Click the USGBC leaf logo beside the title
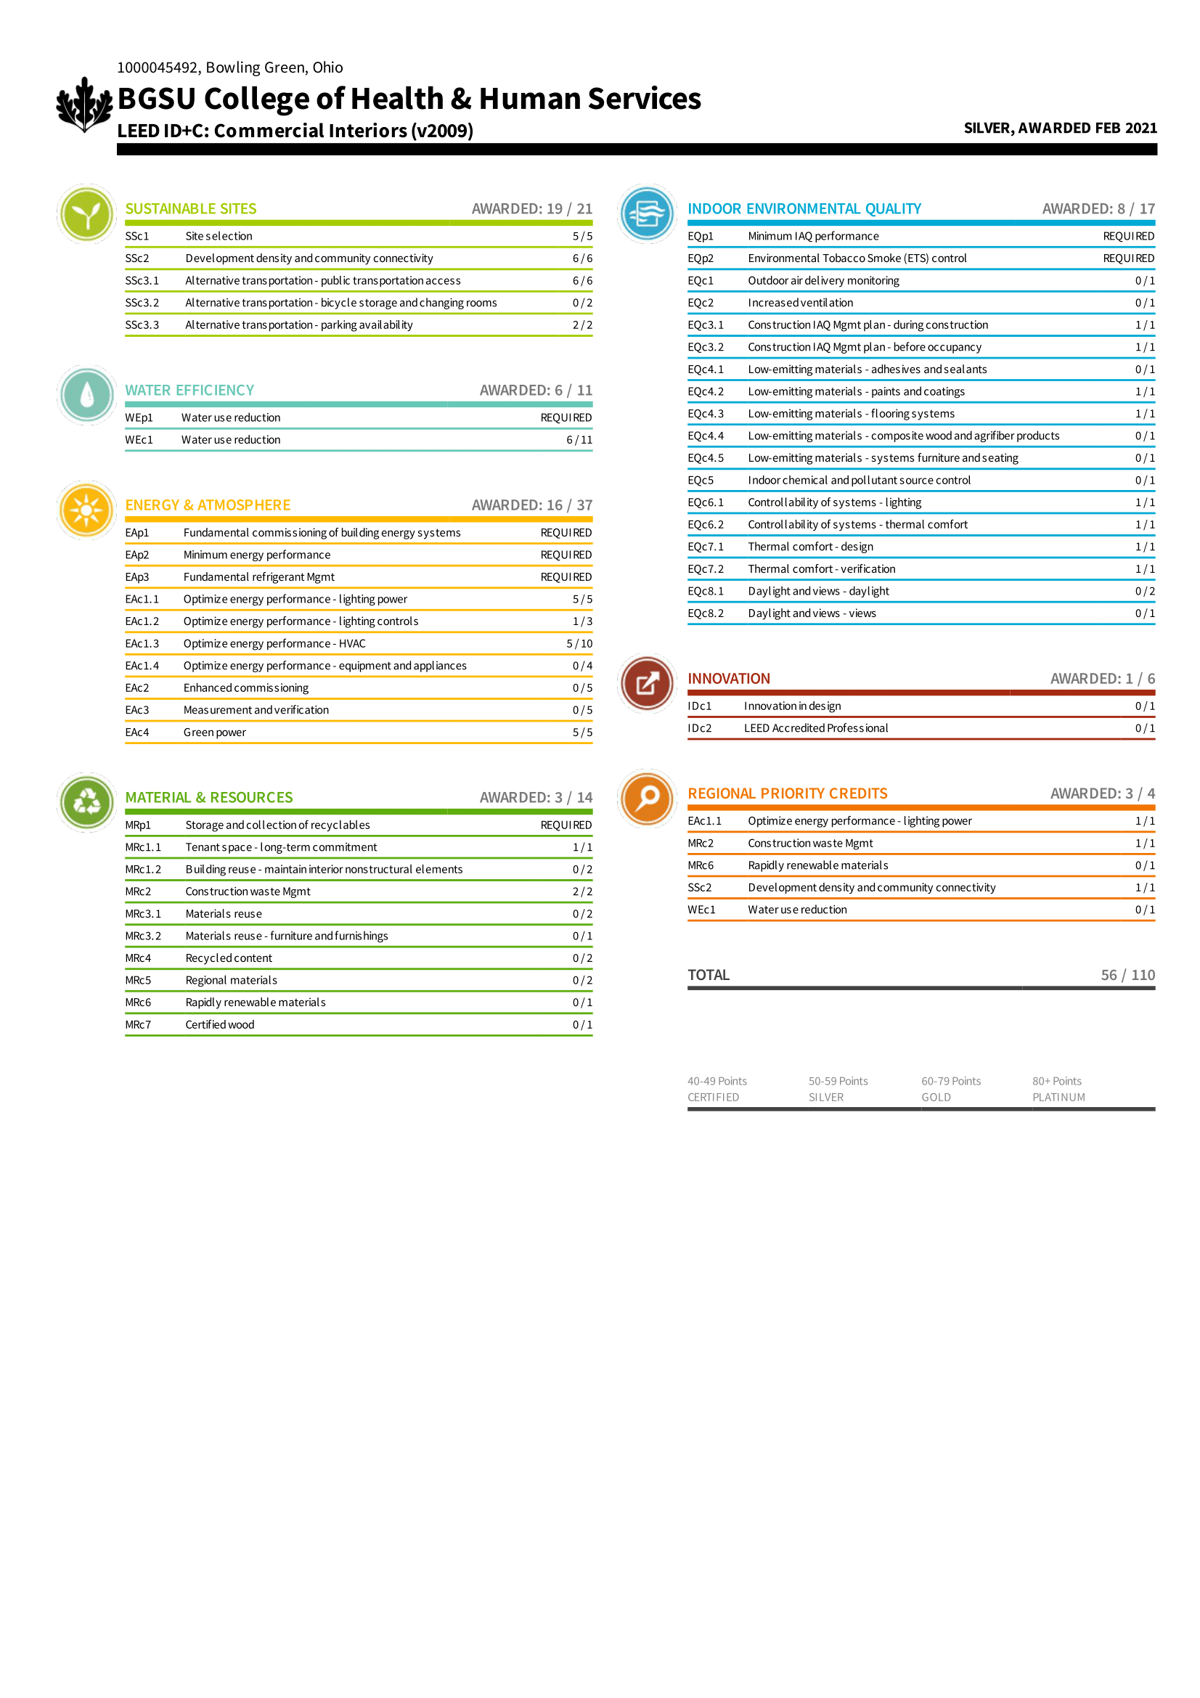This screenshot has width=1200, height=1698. [84, 105]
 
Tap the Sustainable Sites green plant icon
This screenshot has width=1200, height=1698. [86, 213]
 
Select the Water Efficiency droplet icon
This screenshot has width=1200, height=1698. [86, 395]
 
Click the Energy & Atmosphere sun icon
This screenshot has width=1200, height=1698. [86, 510]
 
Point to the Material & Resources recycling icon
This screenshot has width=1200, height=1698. [86, 801]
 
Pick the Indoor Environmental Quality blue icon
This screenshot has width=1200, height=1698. [647, 213]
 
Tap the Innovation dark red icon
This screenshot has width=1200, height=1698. [647, 683]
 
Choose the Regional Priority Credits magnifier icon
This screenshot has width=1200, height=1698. [647, 798]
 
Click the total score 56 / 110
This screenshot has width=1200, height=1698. [1127, 975]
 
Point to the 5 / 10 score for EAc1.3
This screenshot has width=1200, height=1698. [579, 643]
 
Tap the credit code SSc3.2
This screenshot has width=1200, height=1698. [142, 303]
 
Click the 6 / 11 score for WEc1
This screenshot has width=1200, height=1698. [579, 439]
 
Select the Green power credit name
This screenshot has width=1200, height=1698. [214, 732]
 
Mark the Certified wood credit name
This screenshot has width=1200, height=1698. [219, 1024]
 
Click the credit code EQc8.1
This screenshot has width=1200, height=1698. [706, 591]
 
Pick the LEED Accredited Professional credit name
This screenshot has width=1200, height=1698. [815, 727]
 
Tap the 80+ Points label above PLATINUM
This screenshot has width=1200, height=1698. [1056, 1080]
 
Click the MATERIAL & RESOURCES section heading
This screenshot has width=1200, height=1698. [208, 797]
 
